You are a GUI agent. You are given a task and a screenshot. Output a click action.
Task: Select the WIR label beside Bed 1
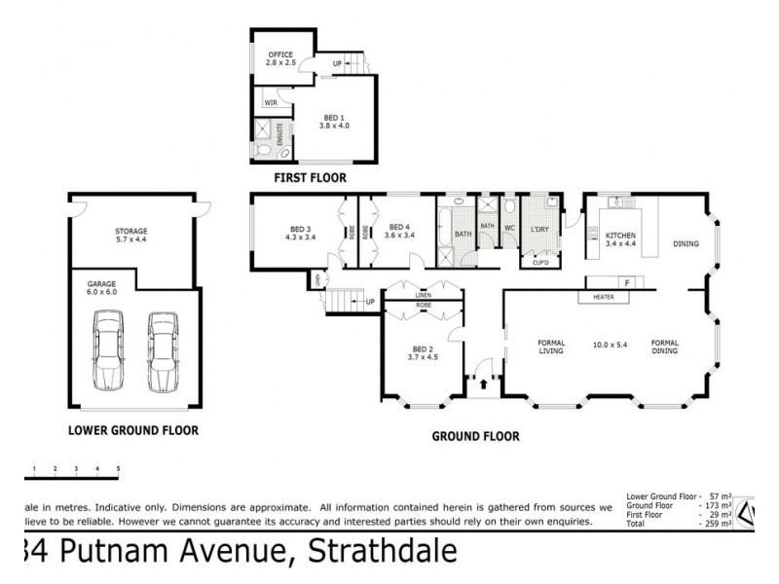272,101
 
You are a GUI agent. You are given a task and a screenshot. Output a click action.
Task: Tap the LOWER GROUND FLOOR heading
132,429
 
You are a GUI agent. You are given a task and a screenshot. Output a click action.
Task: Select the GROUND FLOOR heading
475,437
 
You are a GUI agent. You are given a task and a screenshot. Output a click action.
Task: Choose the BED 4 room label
399,232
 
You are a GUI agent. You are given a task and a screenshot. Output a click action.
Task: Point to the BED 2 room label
422,353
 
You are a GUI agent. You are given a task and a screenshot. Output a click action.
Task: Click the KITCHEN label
620,237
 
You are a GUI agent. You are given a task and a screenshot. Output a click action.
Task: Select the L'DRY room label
539,230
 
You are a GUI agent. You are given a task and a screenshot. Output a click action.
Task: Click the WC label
509,230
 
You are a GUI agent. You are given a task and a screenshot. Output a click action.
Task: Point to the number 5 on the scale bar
118,469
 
